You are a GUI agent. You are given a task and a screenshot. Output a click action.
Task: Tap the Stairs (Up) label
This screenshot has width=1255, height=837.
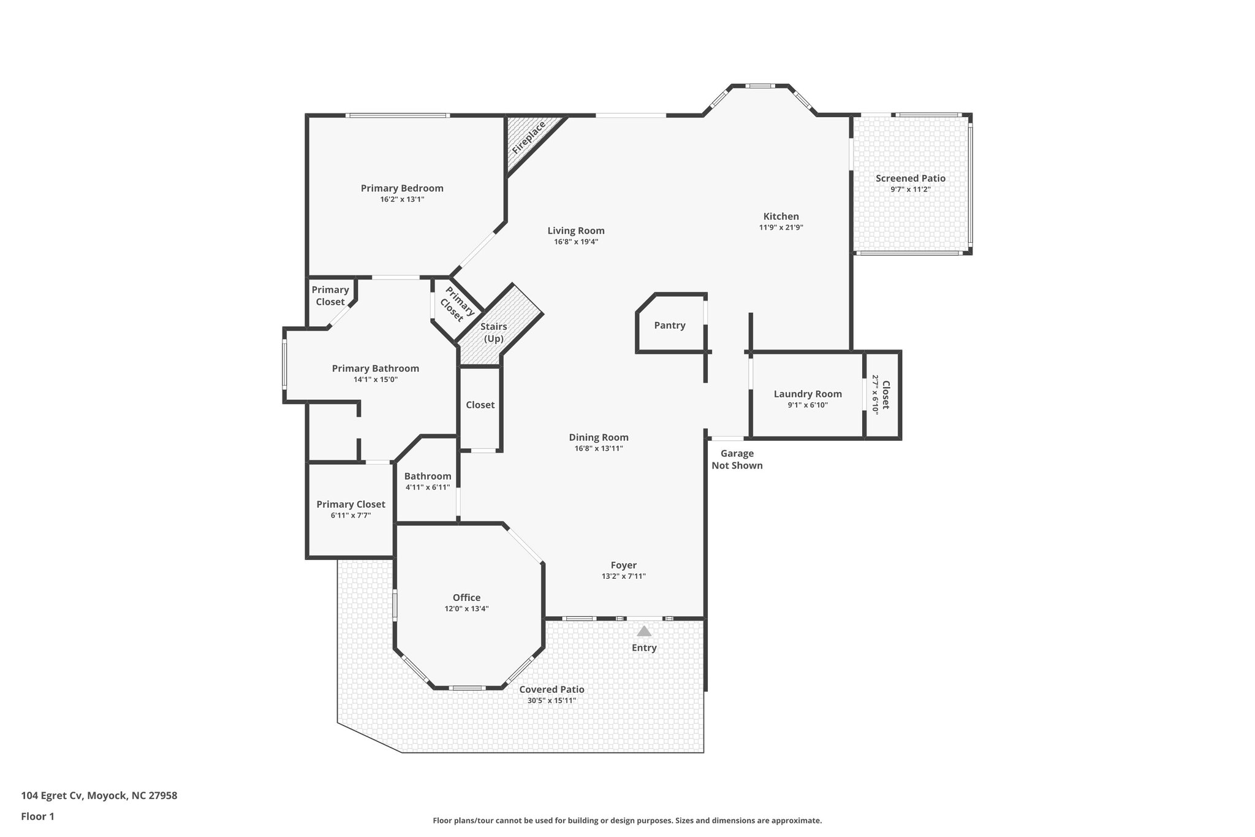(493, 332)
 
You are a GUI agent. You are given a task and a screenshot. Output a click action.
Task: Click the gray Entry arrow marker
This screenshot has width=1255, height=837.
(644, 631)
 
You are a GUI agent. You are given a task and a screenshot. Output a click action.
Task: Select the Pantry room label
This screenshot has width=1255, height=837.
(669, 326)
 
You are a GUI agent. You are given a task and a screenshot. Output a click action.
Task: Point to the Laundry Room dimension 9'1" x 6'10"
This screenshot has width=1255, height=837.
(808, 405)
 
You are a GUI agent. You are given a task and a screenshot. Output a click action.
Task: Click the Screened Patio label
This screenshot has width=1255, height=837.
(910, 178)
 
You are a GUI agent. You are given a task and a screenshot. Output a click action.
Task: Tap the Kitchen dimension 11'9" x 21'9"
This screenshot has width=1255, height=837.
(781, 227)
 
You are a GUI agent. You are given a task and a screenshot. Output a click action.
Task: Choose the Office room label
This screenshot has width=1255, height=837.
(466, 598)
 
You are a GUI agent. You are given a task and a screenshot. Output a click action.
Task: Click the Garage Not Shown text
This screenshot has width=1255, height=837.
(737, 459)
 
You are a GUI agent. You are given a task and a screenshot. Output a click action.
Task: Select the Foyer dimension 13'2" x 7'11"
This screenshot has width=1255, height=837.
(623, 576)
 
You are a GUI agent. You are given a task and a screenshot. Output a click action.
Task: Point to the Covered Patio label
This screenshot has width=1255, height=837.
(552, 689)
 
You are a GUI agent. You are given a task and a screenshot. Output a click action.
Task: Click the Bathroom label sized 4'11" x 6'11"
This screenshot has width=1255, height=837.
(427, 476)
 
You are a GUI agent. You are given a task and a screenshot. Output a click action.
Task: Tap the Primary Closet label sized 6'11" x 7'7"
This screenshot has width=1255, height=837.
(351, 504)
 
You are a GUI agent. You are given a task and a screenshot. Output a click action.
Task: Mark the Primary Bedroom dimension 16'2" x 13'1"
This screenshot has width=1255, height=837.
(402, 199)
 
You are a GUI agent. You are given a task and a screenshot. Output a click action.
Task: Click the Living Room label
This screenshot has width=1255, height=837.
(575, 231)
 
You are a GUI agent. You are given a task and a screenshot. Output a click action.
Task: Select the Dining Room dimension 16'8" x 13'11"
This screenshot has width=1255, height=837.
(599, 448)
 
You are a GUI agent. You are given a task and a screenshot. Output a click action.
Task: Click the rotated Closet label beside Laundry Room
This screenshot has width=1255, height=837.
(885, 396)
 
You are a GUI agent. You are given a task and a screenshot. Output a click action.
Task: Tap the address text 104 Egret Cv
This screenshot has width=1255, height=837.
(51, 796)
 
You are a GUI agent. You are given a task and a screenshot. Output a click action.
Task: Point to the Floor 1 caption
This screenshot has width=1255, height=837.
(37, 816)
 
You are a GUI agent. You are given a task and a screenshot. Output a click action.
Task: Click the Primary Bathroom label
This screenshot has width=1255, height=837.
(375, 369)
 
